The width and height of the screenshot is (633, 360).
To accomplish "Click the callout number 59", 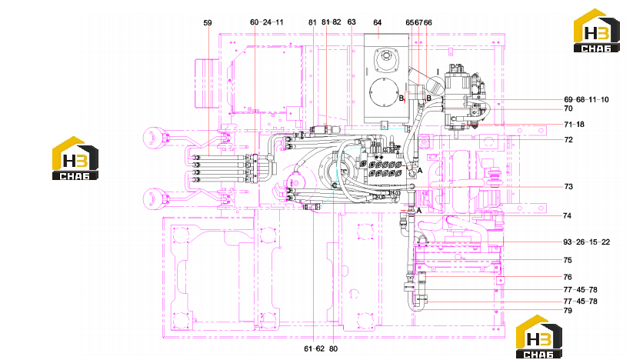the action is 208,23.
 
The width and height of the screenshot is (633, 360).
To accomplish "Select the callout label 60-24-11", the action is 267,22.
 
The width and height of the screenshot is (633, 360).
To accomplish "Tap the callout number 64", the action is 378,22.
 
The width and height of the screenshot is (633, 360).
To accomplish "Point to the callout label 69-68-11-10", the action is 586,100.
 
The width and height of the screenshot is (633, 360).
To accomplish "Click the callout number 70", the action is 568,108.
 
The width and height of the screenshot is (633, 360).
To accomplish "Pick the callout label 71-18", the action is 574,125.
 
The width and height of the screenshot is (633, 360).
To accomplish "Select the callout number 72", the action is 568,140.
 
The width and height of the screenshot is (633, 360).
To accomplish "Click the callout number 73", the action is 568,186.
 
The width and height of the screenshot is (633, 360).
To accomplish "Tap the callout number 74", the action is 567,215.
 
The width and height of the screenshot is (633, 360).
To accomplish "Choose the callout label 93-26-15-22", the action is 587,242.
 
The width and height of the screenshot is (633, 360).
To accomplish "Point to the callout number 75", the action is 568,260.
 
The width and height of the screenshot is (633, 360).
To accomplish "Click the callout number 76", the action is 568,277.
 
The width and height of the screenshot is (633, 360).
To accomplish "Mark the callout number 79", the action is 568,311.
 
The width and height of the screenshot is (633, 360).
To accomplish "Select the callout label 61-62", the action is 315,348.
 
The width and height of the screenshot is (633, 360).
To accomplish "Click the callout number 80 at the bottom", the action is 333,348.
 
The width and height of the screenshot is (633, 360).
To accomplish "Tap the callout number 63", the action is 351,22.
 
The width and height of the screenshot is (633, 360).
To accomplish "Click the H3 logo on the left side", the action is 75,158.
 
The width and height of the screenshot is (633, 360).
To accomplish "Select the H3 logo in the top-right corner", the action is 597,31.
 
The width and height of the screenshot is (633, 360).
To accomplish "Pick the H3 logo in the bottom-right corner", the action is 539,337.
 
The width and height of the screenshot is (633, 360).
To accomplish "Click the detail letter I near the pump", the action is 438,72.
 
